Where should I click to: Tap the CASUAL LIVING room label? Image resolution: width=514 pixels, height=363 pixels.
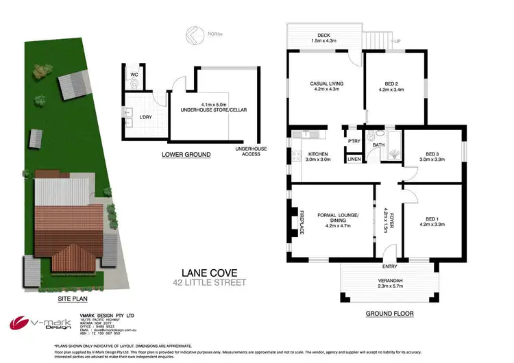pos(326,84)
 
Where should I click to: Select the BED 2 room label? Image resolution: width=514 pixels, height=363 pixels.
pos(394,84)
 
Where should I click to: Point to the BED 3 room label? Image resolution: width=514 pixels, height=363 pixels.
pos(432,154)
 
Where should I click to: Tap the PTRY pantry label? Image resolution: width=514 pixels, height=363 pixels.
pos(354,141)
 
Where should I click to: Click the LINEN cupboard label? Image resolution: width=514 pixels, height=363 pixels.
pos(354,159)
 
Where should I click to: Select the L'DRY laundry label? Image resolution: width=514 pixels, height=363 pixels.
pos(145,116)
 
